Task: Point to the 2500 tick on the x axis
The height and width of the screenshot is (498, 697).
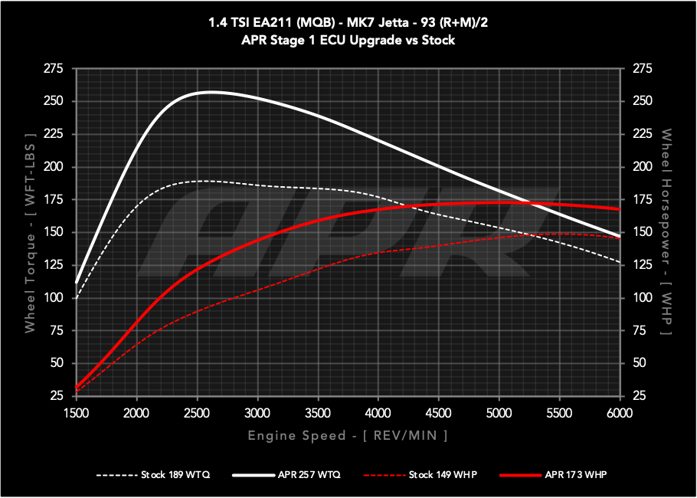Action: [197, 413]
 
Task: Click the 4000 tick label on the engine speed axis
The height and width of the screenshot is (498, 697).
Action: [378, 413]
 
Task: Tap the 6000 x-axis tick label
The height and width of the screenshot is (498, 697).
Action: [619, 413]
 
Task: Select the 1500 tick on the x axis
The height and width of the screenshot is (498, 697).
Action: [77, 413]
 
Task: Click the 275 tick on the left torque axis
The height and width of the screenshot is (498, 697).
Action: [53, 69]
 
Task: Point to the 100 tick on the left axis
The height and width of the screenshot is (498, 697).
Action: [53, 297]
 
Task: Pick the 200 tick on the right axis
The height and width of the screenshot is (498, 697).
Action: [640, 167]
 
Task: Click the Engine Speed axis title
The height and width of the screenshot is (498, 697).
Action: [347, 435]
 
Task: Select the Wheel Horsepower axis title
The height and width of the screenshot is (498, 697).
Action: [666, 232]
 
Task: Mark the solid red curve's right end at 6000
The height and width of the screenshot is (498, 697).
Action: [619, 209]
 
